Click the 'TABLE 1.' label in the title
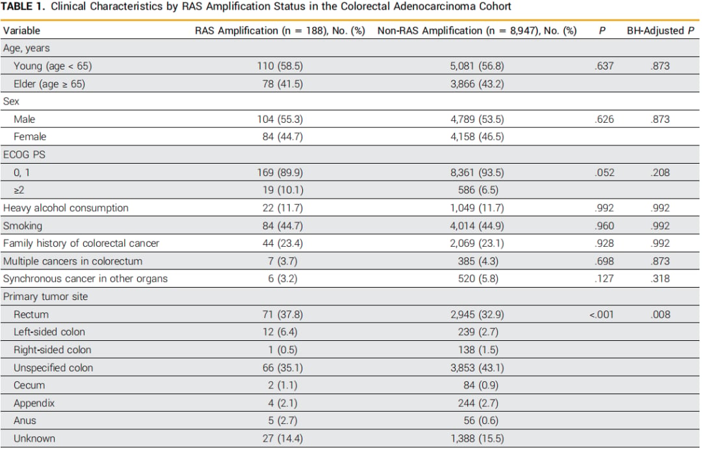(23, 6)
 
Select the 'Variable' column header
(21, 31)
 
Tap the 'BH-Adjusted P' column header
(660, 31)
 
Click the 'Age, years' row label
(27, 48)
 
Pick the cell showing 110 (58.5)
(279, 66)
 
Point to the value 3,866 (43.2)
(477, 84)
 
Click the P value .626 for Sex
(604, 119)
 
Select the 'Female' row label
(30, 137)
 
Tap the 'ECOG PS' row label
(24, 155)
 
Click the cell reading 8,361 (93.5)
(477, 173)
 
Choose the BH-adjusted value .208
(660, 173)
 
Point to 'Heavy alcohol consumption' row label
(66, 208)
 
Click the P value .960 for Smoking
(604, 226)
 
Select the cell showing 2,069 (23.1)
(477, 244)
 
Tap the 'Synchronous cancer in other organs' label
(85, 279)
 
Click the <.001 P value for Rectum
(601, 314)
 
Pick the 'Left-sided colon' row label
(49, 332)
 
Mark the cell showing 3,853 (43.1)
(477, 368)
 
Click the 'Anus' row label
(25, 421)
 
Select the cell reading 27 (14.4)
(283, 438)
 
